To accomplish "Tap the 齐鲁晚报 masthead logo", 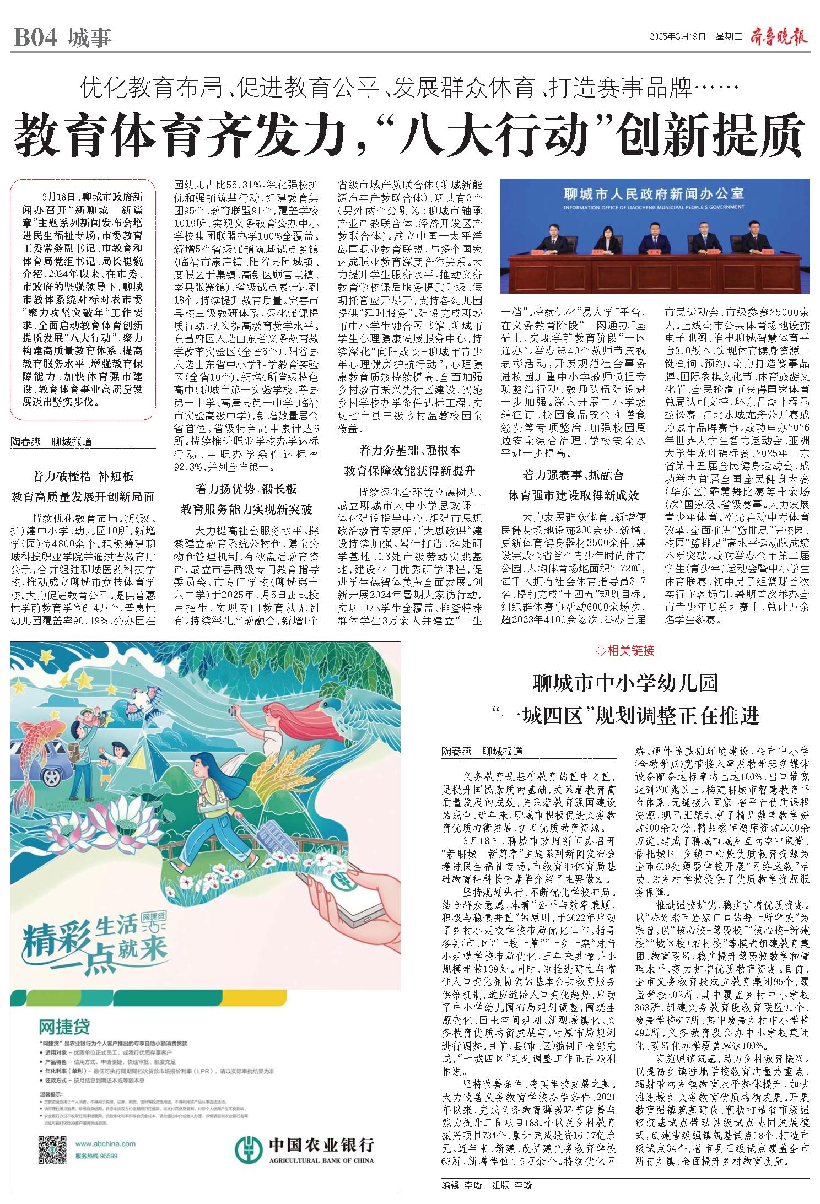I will [779, 37].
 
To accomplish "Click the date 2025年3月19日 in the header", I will [677, 37].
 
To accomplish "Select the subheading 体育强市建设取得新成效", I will [573, 495].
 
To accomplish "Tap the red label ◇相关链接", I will [625, 650].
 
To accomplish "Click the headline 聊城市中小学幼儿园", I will [625, 683].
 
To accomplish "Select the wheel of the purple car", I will [52, 778].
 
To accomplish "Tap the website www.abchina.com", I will [105, 1127].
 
